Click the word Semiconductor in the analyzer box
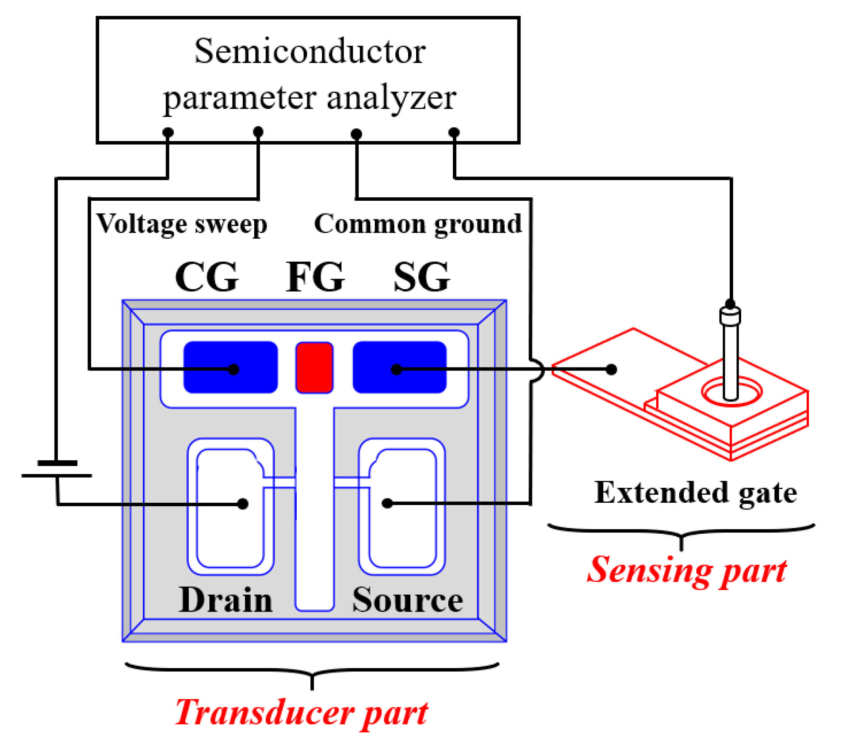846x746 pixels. [x=310, y=52]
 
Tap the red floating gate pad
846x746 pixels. [x=314, y=367]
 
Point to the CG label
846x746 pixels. [x=207, y=277]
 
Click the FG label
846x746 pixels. [x=314, y=277]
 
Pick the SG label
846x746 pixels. [x=421, y=277]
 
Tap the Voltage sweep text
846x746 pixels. [x=182, y=224]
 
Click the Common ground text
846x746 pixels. [x=417, y=224]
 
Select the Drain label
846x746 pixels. [x=225, y=600]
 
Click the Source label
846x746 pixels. [x=407, y=600]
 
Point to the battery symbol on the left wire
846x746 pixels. [x=57, y=469]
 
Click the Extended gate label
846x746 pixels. [x=695, y=493]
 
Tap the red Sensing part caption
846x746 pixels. [x=686, y=570]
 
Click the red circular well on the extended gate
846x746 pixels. [x=731, y=391]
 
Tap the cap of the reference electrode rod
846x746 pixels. [x=730, y=316]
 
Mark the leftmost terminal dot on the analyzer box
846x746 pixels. [x=168, y=132]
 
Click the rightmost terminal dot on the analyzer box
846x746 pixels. [x=454, y=132]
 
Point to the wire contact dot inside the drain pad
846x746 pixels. [x=242, y=503]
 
